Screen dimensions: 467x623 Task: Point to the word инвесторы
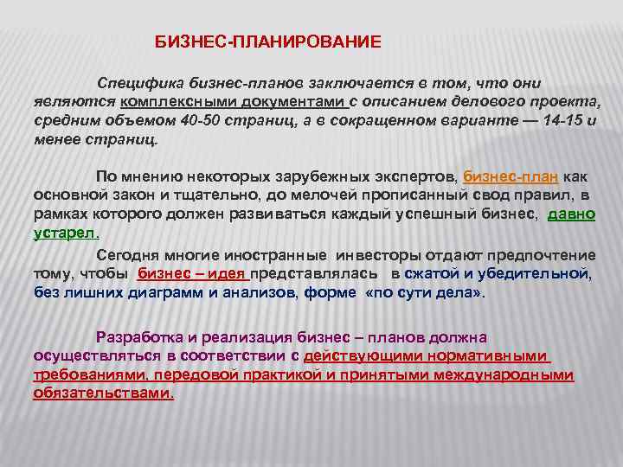(377, 256)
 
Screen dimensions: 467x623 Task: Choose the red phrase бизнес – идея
(193, 275)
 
